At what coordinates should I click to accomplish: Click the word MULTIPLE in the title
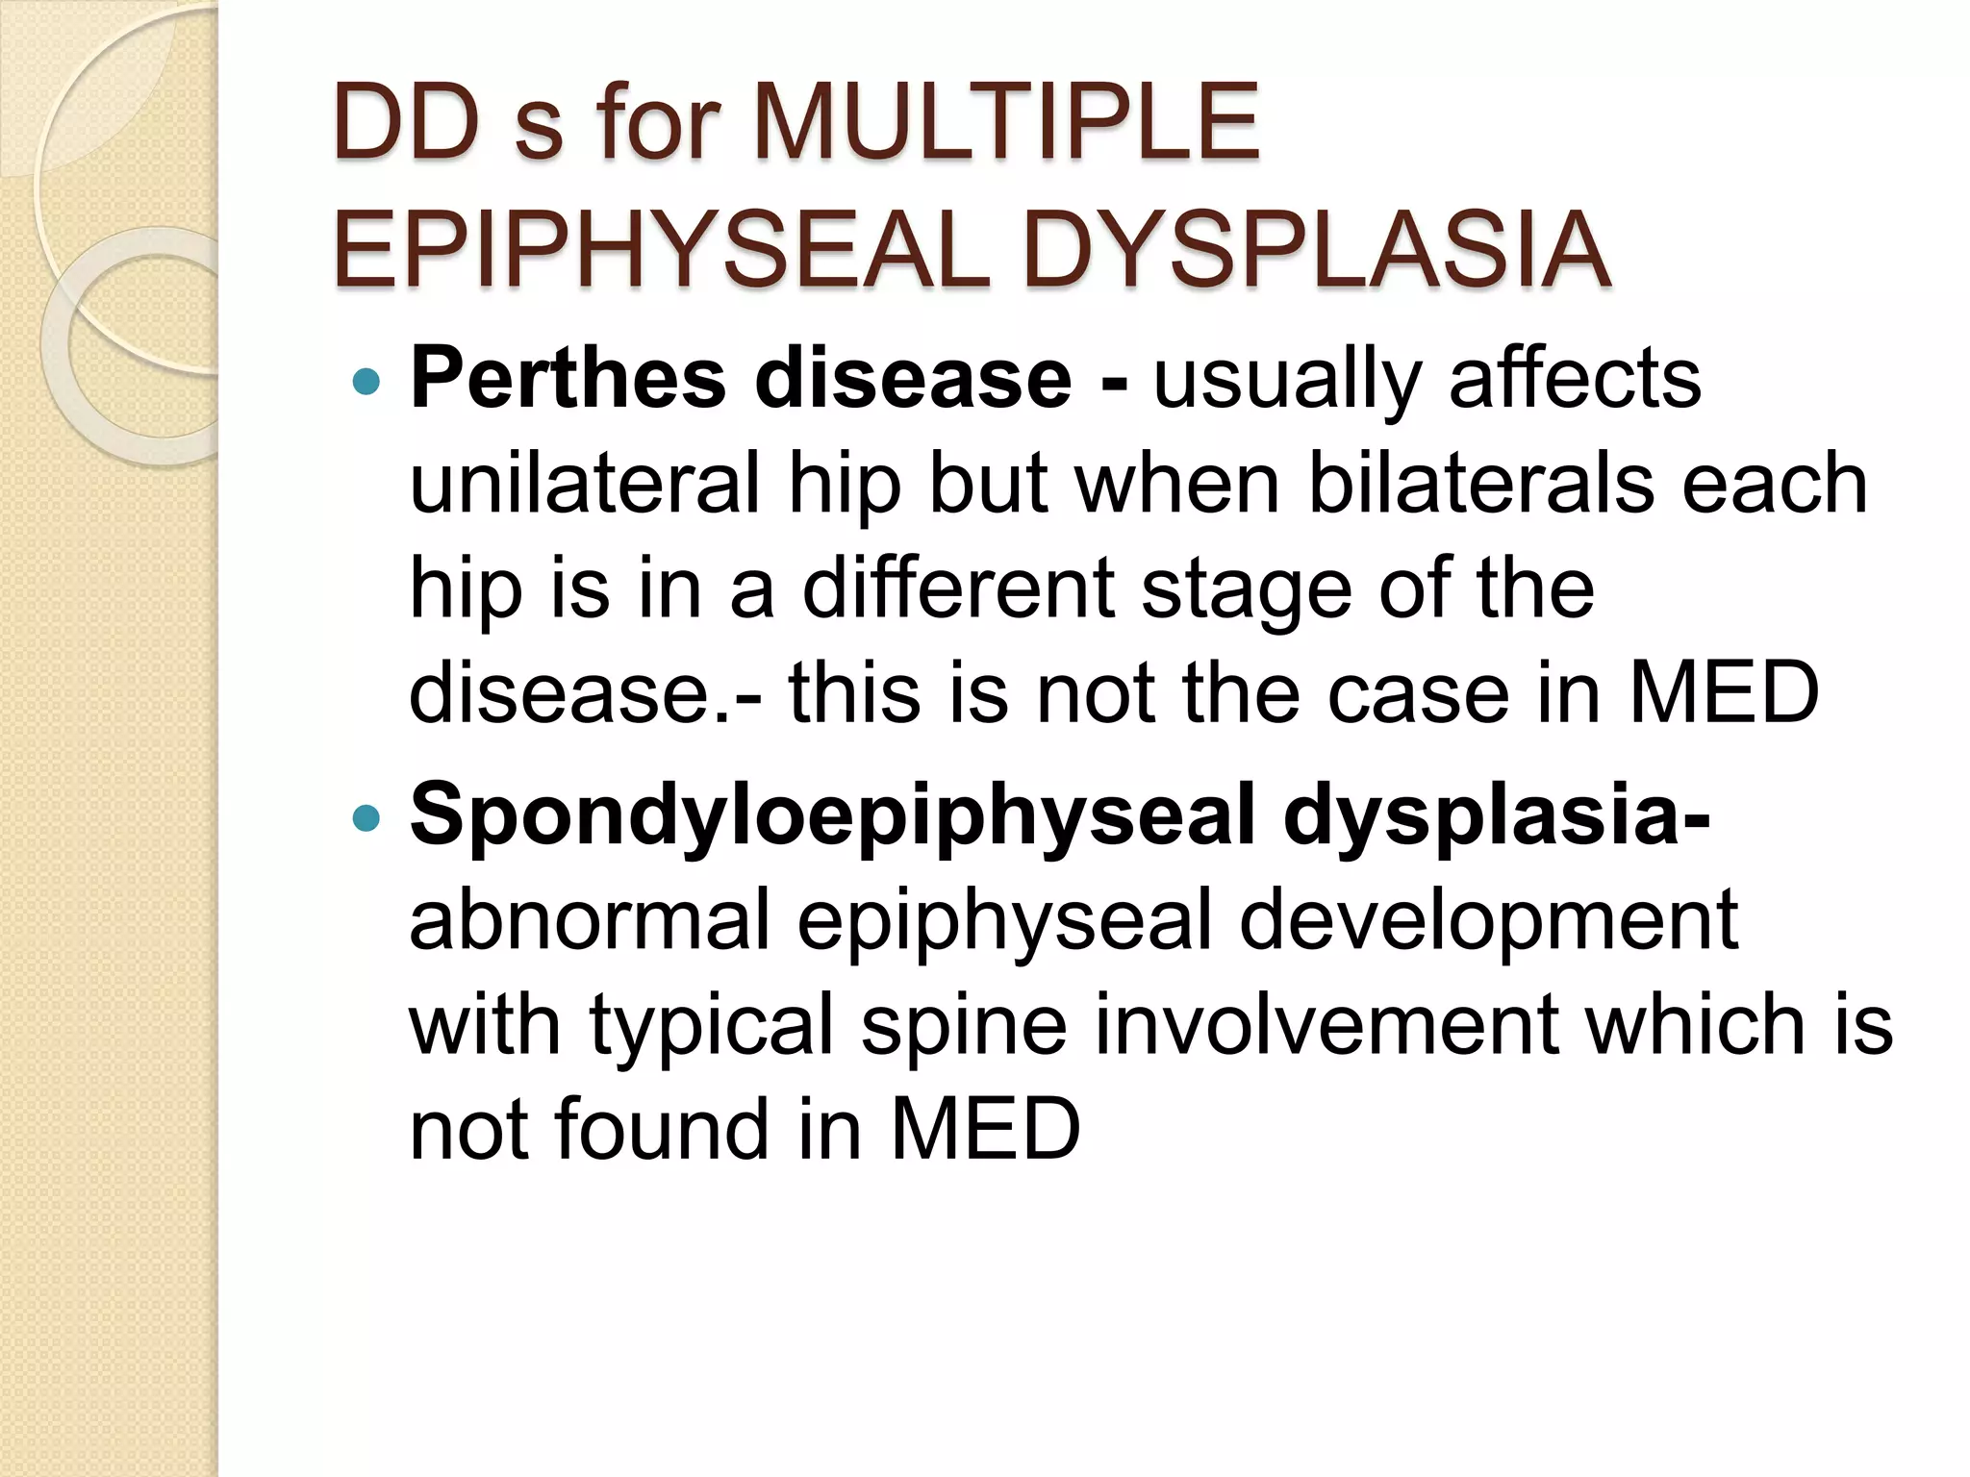coord(1005,123)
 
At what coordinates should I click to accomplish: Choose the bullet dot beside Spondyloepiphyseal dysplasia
coord(366,819)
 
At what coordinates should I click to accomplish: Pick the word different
coord(957,588)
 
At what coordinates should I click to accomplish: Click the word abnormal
coord(590,920)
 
